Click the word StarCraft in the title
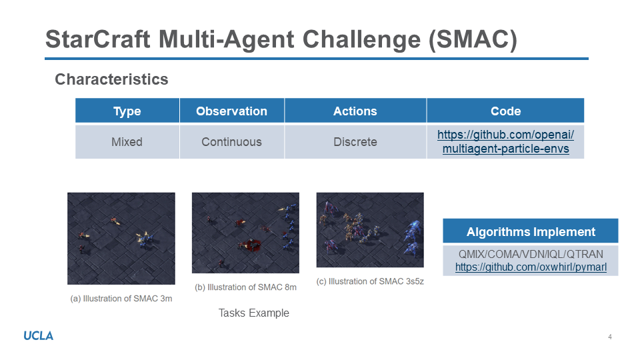[x=98, y=39]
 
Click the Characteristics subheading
[x=111, y=79]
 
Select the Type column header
[x=127, y=111]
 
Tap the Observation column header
[x=232, y=111]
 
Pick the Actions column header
[x=355, y=111]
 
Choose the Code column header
[x=506, y=111]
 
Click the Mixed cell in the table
[x=127, y=141]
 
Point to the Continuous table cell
[x=232, y=141]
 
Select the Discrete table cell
[x=355, y=141]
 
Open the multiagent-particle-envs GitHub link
[x=506, y=141]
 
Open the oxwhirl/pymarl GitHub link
[x=531, y=267]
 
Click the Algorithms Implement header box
[x=531, y=231]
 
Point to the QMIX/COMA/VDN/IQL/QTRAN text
[x=531, y=254]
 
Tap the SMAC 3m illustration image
[x=121, y=239]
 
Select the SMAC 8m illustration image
[x=246, y=233]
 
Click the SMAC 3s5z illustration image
[x=370, y=230]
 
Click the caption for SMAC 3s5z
[x=370, y=281]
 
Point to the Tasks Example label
[x=254, y=313]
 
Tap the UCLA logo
[x=39, y=336]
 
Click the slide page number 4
[x=610, y=337]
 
